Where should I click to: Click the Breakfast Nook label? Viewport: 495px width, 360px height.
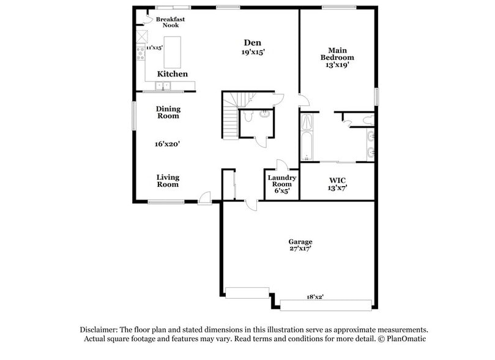click(x=170, y=22)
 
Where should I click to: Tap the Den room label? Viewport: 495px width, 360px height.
click(x=253, y=42)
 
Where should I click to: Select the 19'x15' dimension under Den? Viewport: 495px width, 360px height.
click(x=253, y=52)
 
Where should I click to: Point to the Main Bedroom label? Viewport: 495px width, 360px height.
click(x=337, y=54)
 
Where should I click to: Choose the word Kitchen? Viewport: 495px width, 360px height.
click(x=173, y=74)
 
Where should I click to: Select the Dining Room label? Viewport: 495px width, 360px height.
click(x=168, y=112)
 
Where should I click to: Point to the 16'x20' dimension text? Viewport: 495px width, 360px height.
click(x=167, y=144)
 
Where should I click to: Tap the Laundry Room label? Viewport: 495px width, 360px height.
click(x=282, y=181)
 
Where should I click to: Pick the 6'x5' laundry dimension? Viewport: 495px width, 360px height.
click(x=282, y=191)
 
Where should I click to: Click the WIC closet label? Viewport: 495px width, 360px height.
click(x=338, y=181)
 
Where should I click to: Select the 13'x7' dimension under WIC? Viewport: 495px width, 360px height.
click(x=338, y=189)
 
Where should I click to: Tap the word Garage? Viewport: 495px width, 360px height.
click(x=300, y=241)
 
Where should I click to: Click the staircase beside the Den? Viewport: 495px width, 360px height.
click(x=230, y=119)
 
